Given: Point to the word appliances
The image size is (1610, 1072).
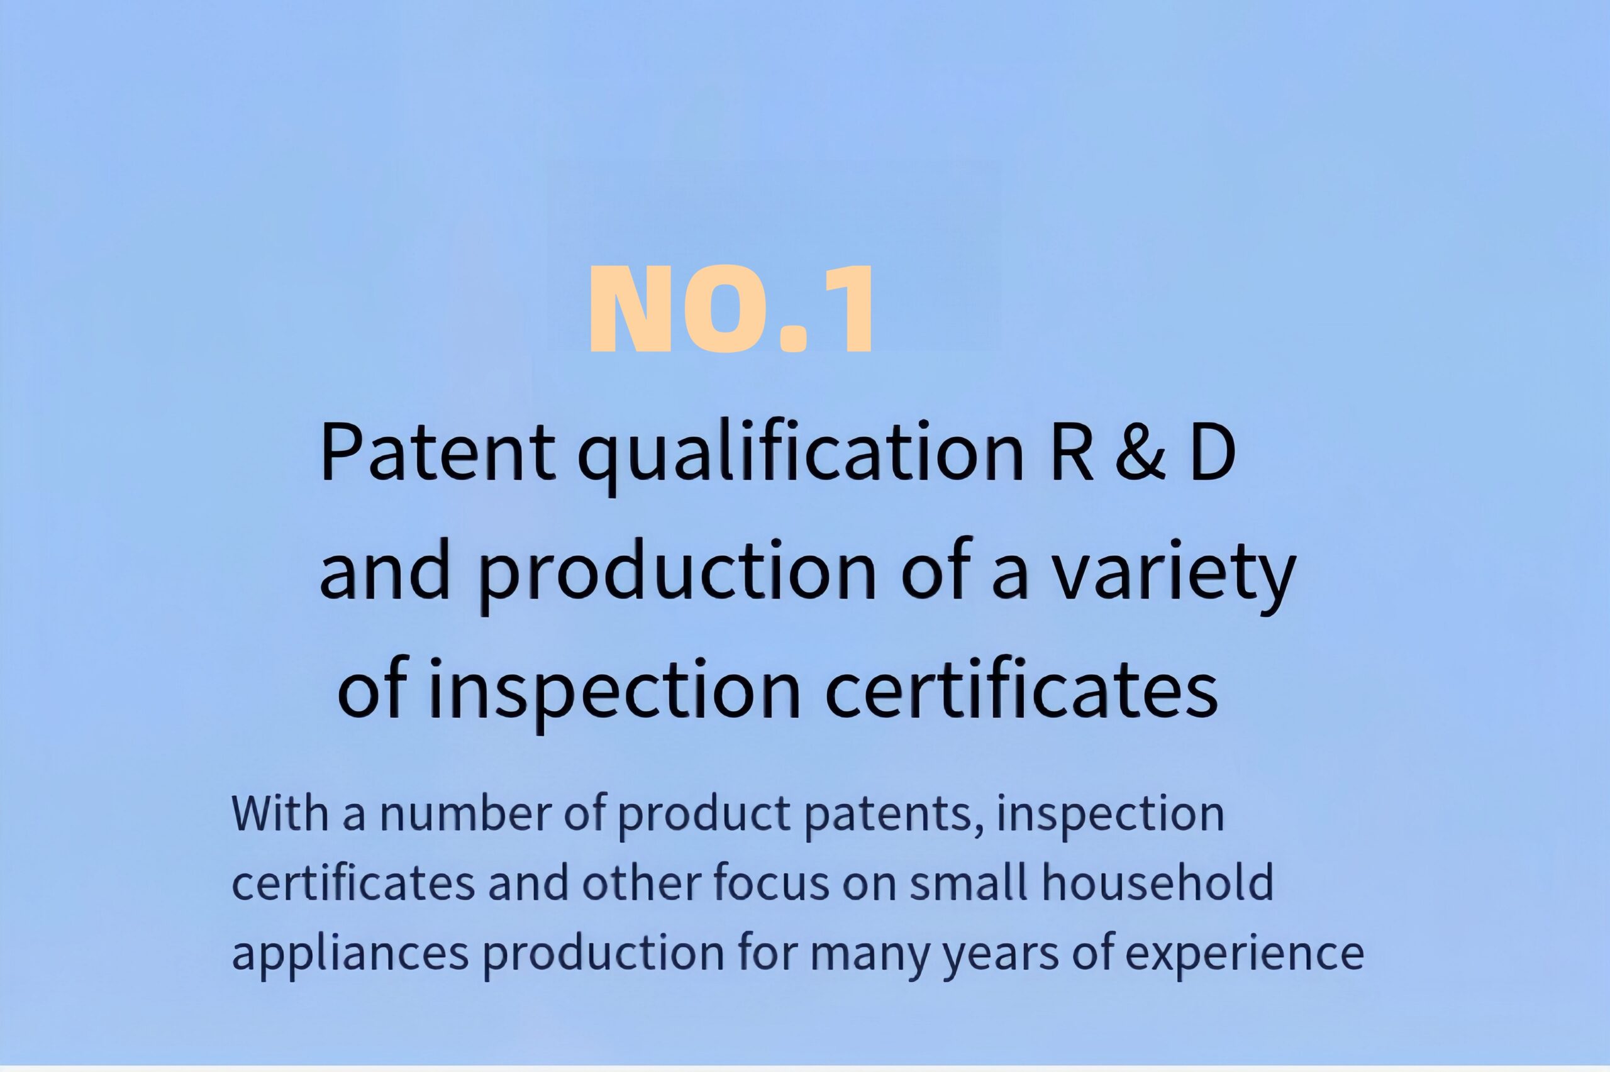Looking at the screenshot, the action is click(x=351, y=956).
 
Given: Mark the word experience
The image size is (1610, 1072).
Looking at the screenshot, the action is click(x=1244, y=956).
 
